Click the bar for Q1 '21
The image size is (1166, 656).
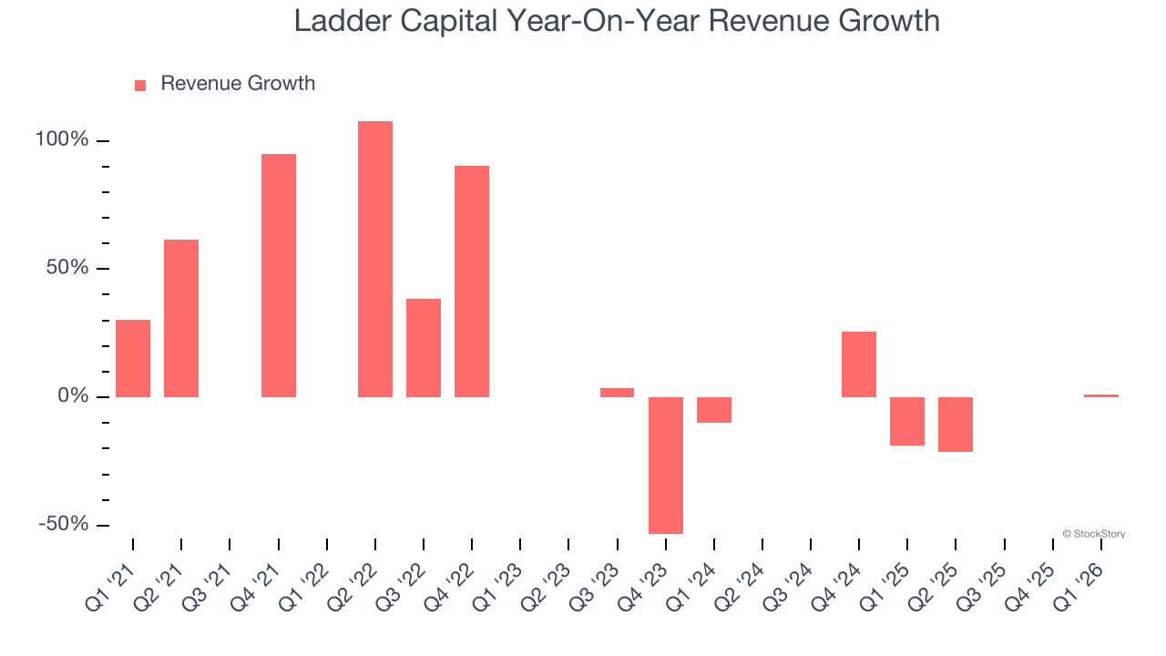click(x=133, y=358)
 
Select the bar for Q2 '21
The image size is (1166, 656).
click(x=181, y=318)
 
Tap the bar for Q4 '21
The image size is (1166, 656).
click(x=279, y=275)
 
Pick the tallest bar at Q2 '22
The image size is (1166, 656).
click(x=375, y=259)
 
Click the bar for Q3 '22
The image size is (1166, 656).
click(x=424, y=347)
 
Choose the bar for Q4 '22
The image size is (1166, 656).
click(x=472, y=281)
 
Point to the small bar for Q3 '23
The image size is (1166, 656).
click(x=617, y=393)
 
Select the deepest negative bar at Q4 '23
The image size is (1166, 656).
click(x=666, y=465)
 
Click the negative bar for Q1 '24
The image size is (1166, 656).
click(x=714, y=410)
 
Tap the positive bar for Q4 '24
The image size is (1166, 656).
click(x=859, y=364)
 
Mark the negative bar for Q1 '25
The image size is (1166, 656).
click(x=907, y=421)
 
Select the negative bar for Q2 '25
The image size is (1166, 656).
click(x=956, y=425)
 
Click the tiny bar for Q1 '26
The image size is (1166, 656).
click(x=1101, y=395)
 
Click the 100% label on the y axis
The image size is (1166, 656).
click(x=62, y=139)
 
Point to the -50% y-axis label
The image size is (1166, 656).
click(x=63, y=524)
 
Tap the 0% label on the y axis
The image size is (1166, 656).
click(x=73, y=396)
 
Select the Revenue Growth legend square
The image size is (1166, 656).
click(x=140, y=86)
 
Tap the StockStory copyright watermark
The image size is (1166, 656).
click(x=1093, y=534)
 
